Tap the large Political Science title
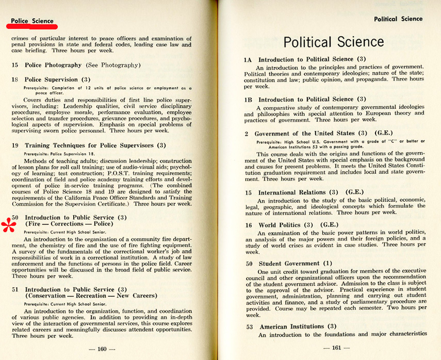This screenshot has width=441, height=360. [334, 42]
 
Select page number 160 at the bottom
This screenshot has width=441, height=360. [102, 349]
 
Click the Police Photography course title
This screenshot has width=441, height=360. [53, 65]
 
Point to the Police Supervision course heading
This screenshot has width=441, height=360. [51, 79]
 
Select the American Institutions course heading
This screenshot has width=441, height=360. [292, 326]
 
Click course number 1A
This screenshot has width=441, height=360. [248, 60]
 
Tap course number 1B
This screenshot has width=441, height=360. [248, 100]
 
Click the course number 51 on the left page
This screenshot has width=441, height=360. [15, 289]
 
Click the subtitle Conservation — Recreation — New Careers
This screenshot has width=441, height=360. [90, 296]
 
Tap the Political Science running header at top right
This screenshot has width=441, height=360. [398, 19]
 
